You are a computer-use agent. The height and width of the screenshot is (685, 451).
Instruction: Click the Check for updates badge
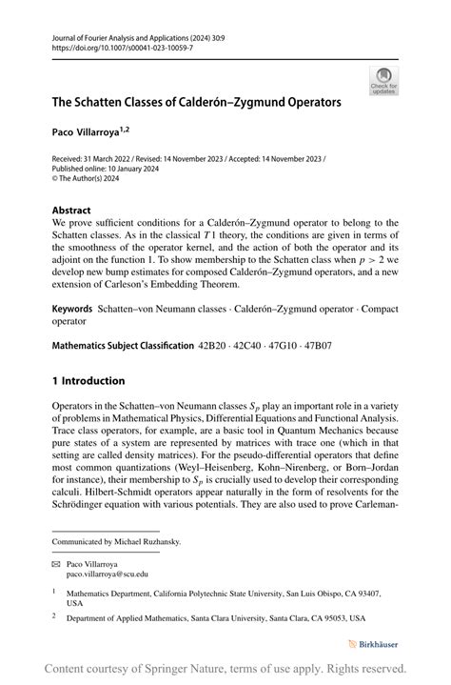point(383,81)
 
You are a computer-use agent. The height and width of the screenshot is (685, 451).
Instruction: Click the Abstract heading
point(71,210)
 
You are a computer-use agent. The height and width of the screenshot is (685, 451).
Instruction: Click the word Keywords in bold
point(72,283)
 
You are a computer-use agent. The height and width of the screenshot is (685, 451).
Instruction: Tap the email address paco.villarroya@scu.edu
point(107,574)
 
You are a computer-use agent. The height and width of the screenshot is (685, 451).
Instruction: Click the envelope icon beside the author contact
point(56,564)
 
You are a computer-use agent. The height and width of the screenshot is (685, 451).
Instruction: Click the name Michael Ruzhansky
point(147,541)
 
